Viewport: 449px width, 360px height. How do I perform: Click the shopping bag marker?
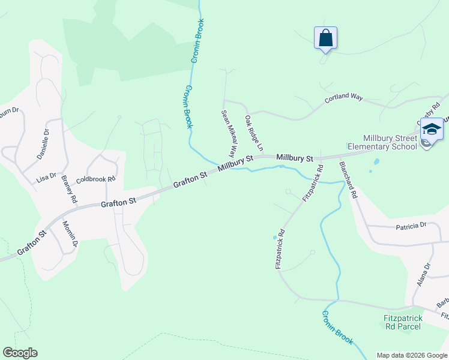325,38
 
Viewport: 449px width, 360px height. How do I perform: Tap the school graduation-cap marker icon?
432,130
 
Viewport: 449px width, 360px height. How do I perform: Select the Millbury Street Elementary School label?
390,142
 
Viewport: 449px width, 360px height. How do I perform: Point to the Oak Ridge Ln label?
254,133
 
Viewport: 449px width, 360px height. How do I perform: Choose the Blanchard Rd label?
348,180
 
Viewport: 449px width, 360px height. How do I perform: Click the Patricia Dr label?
411,226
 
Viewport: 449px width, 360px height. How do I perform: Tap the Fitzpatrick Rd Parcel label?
403,322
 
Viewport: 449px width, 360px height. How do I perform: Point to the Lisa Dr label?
46,178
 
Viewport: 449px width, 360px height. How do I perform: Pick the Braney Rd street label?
69,190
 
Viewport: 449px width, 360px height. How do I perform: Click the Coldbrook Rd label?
95,179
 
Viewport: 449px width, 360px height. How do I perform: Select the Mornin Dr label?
70,233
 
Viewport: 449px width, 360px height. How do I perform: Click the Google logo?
20,353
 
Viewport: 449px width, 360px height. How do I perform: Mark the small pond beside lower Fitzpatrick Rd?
275,238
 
